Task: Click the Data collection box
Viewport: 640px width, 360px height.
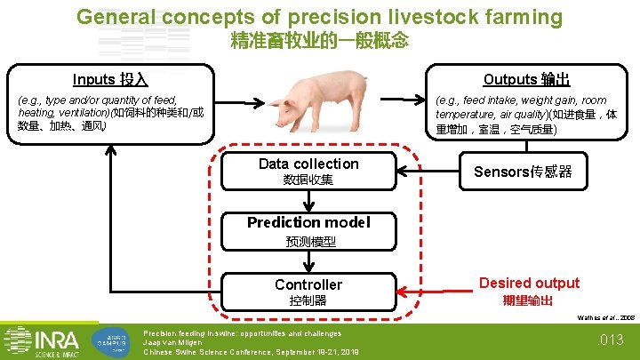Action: pos(308,171)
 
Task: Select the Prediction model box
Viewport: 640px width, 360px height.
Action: pos(308,230)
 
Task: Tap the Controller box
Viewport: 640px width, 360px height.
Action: pos(308,291)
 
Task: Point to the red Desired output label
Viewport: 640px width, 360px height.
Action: pos(529,284)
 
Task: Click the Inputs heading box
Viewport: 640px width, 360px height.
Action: pos(111,79)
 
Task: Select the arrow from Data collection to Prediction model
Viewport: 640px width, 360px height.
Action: pos(308,202)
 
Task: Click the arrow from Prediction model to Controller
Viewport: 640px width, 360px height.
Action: pos(308,261)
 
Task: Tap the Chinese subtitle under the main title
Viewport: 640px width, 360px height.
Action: pos(319,40)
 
